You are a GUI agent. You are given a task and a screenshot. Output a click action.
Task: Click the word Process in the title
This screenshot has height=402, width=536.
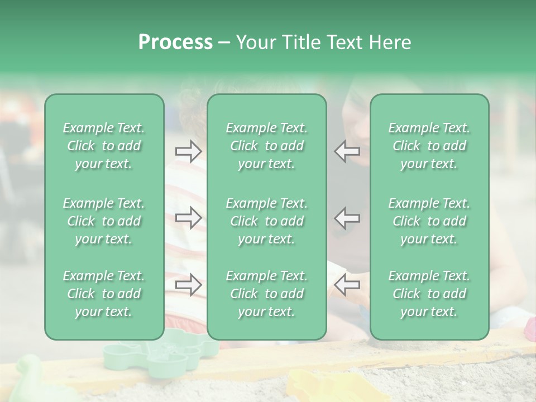pos(175,42)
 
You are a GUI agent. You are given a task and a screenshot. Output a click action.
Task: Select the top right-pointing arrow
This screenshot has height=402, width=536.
pos(188,151)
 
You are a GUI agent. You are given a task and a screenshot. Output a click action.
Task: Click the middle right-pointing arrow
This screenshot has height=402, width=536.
pos(188,218)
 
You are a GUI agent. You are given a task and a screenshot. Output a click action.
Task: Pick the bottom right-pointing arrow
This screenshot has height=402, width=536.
pos(188,285)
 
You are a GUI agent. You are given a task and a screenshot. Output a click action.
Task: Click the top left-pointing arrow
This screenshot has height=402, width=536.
pos(347,151)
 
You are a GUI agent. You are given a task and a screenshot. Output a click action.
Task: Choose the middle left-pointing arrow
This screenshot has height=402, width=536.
pos(347,218)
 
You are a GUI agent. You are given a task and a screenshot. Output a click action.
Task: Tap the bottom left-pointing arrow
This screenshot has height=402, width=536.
pos(347,285)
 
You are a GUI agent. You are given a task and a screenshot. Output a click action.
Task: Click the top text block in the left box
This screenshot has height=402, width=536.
pos(104,146)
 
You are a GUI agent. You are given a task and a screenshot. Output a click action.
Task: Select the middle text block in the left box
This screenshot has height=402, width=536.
pos(104,221)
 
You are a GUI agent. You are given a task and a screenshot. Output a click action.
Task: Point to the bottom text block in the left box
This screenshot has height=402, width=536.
pos(104,294)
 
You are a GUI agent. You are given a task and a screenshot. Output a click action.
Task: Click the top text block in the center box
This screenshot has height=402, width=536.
pos(267,146)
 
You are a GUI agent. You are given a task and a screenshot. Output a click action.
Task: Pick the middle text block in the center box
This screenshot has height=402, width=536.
pos(267,221)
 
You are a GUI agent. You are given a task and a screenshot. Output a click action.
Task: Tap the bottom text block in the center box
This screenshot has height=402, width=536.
pos(267,294)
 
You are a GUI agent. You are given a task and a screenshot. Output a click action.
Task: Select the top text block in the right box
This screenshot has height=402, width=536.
pos(429,146)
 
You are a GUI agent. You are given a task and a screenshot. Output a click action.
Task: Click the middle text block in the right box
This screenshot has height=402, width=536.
pos(429,221)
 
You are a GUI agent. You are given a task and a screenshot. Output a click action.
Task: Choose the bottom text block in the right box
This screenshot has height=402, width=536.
pos(429,294)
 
